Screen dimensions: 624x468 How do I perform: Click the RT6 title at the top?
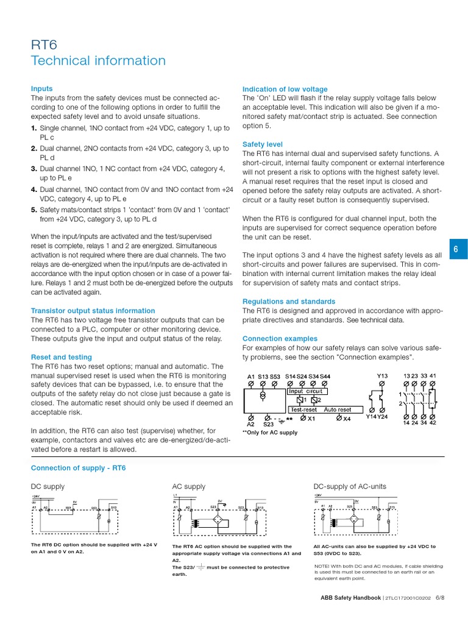click(x=45, y=43)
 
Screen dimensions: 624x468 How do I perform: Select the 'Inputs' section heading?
click(x=41, y=88)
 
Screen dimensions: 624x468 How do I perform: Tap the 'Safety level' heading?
click(x=262, y=144)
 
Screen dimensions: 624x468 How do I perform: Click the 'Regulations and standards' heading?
click(x=288, y=302)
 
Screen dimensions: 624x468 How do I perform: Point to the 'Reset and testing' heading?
click(x=61, y=357)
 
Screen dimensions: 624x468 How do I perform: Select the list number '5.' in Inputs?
click(x=34, y=210)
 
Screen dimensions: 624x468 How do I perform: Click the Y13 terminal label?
click(x=382, y=376)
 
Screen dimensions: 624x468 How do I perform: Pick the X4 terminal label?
click(x=347, y=419)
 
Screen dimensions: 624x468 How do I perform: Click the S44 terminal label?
click(x=325, y=377)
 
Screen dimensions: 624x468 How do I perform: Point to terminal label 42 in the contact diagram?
click(x=433, y=423)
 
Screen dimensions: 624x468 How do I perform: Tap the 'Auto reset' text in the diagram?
click(x=338, y=409)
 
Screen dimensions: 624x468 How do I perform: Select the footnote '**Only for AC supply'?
click(x=270, y=433)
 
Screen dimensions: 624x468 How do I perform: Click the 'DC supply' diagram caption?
click(x=48, y=486)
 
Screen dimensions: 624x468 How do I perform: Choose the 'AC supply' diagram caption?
click(x=189, y=486)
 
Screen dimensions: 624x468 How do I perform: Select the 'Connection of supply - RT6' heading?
click(x=78, y=467)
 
